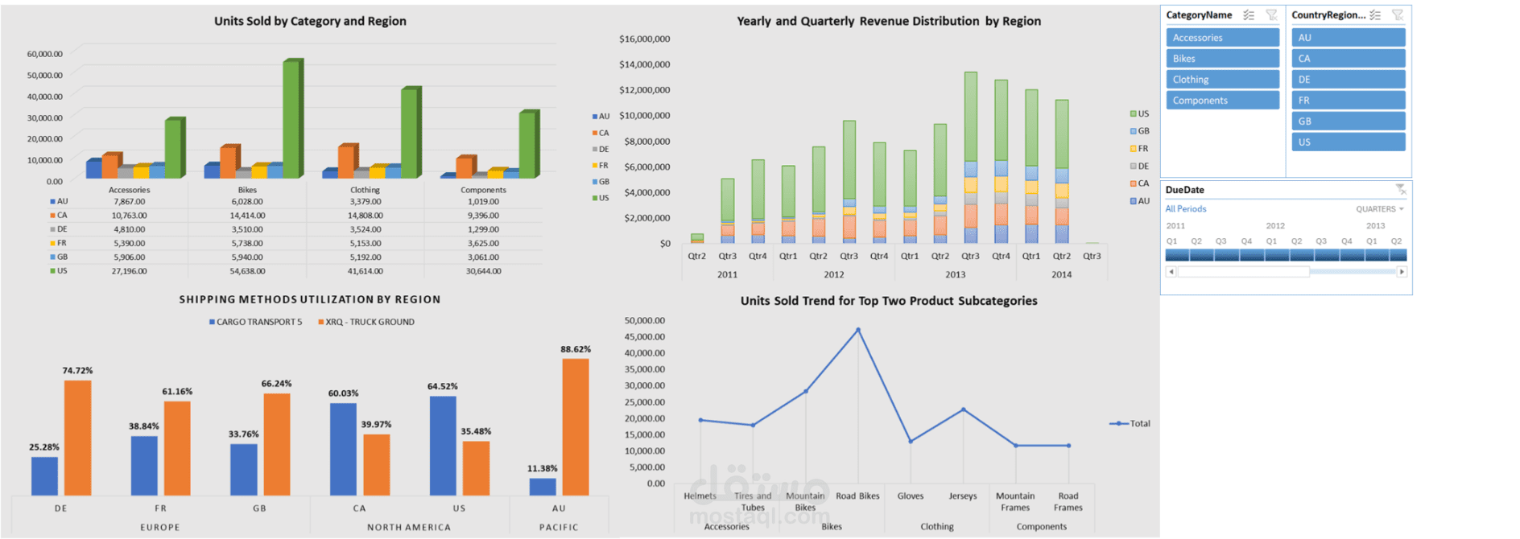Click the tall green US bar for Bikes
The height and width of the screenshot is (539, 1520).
(291, 119)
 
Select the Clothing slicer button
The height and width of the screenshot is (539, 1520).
(1222, 80)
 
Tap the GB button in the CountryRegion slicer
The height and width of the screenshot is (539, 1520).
(1349, 121)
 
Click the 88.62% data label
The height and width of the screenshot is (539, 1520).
(576, 349)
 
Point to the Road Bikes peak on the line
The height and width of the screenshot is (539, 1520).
(858, 330)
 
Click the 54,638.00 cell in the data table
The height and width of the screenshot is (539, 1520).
(247, 271)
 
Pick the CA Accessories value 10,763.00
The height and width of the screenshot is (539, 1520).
(129, 216)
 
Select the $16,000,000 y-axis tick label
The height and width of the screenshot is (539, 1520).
(644, 39)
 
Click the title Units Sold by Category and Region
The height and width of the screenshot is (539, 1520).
(310, 21)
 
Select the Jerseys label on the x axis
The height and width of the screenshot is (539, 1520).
(963, 496)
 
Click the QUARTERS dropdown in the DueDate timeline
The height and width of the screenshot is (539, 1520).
(1379, 209)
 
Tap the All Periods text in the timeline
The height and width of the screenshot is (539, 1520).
(1186, 209)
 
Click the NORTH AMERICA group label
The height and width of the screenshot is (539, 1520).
(409, 528)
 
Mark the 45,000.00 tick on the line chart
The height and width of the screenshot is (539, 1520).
(644, 337)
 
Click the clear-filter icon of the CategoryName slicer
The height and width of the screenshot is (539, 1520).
(1271, 15)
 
